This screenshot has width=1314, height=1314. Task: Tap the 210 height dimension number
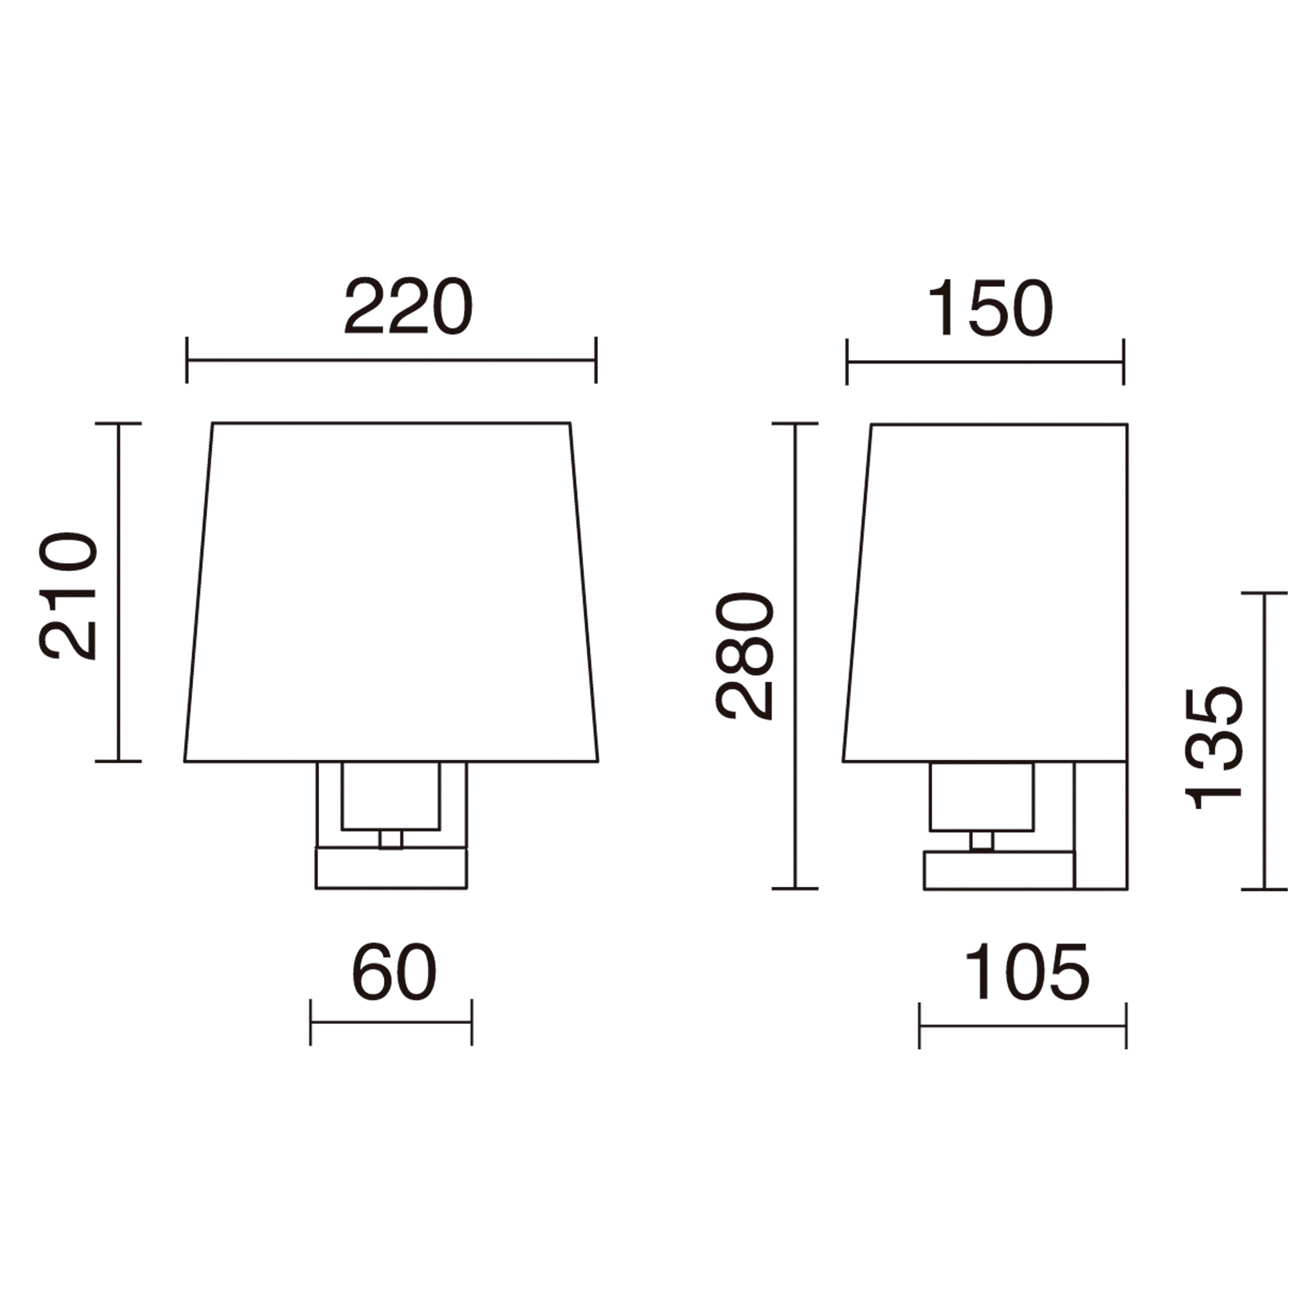68,596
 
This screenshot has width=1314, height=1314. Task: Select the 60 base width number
394,972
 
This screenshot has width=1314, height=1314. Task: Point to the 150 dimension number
990,308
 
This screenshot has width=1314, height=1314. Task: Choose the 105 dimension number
1027,973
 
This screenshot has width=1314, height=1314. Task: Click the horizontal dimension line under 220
391,360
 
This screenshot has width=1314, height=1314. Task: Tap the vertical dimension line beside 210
118,592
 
